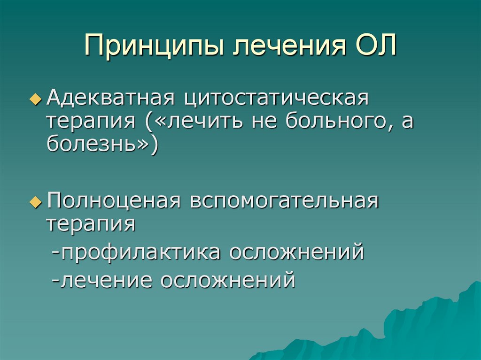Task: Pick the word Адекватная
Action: point(110,99)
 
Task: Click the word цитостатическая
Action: point(278,99)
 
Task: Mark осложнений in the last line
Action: point(228,280)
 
